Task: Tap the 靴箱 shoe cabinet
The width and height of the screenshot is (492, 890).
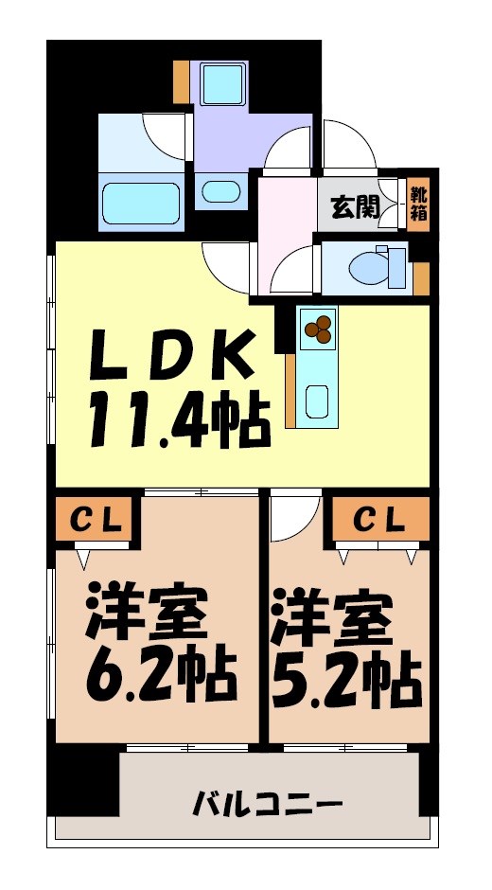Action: pyautogui.click(x=418, y=204)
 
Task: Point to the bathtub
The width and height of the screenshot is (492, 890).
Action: pyautogui.click(x=141, y=203)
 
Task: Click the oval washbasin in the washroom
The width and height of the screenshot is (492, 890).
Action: pyautogui.click(x=221, y=190)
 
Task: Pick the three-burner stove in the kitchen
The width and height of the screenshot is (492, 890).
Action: pyautogui.click(x=318, y=328)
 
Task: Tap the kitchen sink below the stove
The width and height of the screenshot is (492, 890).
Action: pyautogui.click(x=318, y=399)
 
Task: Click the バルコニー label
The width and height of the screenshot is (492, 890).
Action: pyautogui.click(x=268, y=807)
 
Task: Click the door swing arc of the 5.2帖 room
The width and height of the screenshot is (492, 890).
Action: pyautogui.click(x=290, y=517)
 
